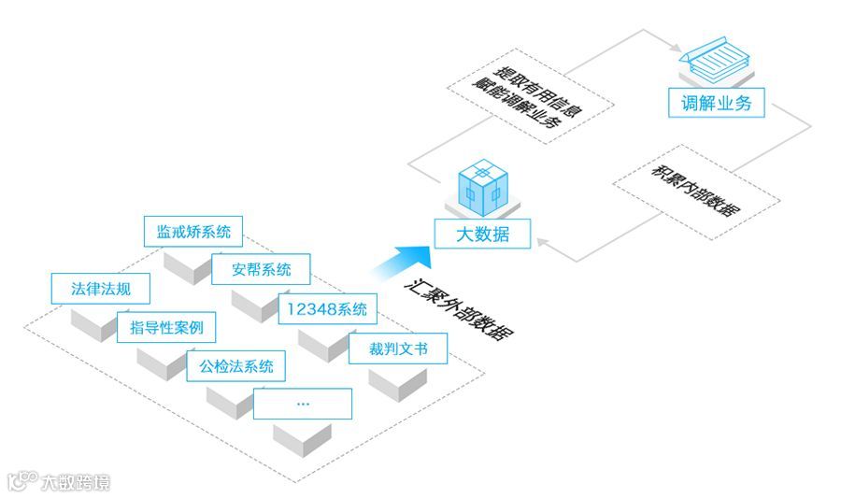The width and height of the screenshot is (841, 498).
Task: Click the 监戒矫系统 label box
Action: click(x=193, y=230)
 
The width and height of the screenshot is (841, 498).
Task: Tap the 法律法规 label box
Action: click(x=101, y=288)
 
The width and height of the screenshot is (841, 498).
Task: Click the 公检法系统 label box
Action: click(x=235, y=366)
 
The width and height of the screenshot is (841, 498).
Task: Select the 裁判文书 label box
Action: click(x=398, y=349)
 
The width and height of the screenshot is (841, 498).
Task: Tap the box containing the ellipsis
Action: click(x=303, y=404)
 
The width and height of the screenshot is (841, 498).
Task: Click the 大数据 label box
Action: click(x=482, y=234)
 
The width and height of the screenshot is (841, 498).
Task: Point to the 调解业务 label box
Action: click(x=717, y=102)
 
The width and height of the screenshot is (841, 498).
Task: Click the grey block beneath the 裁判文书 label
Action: click(x=398, y=383)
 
